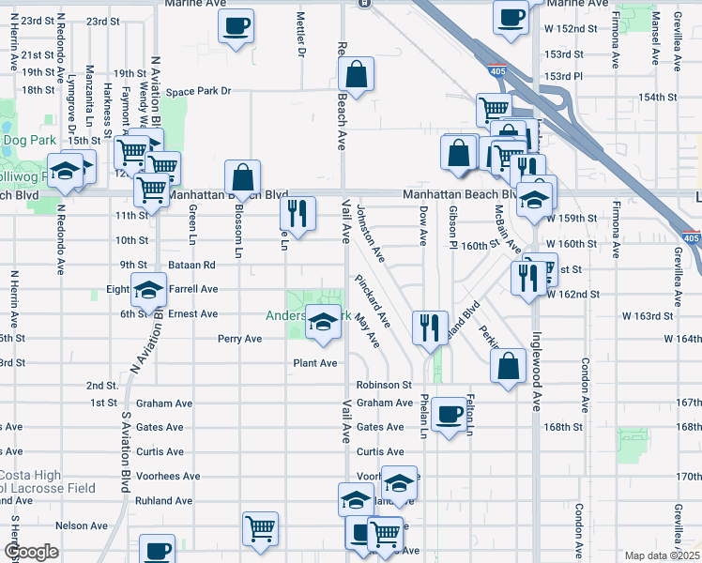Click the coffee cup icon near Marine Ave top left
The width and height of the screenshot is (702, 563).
point(236,24)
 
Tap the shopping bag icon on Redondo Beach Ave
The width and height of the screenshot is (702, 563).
point(357,73)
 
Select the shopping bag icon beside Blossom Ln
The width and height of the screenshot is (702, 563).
point(242,175)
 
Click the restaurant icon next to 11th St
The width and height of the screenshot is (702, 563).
point(298,213)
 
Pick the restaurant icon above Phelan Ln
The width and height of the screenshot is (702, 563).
point(430,327)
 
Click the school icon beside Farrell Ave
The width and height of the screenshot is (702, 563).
point(147,291)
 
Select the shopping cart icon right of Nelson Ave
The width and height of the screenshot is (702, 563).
point(259,528)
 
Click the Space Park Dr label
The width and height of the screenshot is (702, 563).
point(198,92)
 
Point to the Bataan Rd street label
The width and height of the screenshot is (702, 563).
point(192,265)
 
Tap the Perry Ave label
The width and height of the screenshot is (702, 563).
point(239,339)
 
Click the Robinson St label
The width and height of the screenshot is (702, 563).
point(384,385)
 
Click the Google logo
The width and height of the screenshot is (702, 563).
point(31,552)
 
